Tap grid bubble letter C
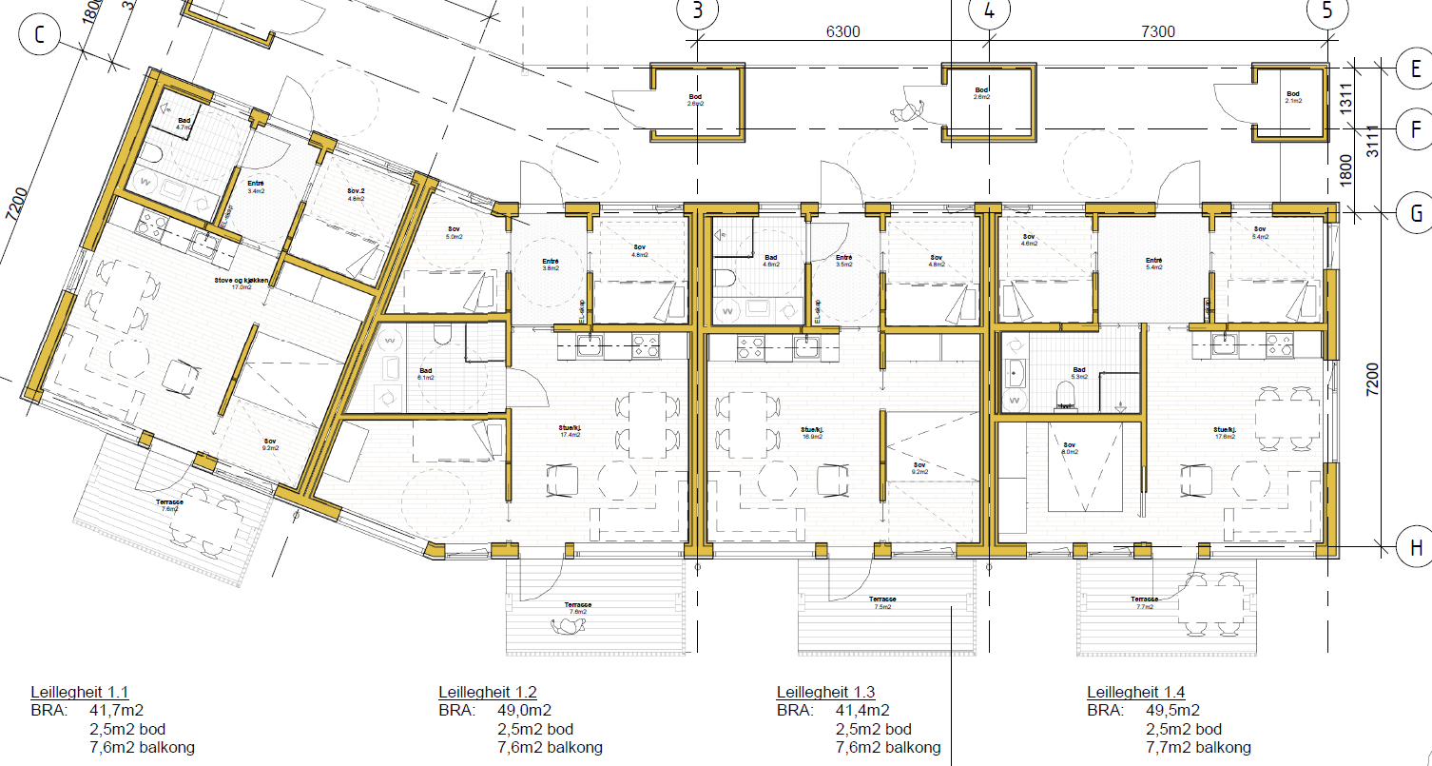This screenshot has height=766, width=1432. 39,35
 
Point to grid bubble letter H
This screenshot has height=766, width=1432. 1415,547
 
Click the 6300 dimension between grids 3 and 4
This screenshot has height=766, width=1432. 842,31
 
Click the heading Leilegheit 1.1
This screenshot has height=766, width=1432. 80,692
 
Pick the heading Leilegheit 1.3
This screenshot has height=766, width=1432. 825,692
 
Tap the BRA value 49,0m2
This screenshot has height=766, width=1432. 524,710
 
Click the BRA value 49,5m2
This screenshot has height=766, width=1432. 1172,710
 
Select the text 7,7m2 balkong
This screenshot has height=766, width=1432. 1197,747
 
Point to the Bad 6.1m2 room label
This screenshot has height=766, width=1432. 425,374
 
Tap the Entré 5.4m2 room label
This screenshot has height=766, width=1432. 1154,264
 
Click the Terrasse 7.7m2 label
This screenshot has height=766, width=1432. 1144,602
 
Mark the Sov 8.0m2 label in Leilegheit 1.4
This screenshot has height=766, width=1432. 1070,448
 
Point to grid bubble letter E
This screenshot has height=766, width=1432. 1415,68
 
